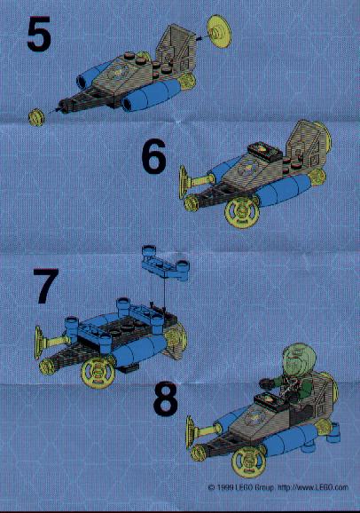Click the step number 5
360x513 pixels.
click(x=39, y=35)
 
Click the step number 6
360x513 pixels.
click(x=154, y=156)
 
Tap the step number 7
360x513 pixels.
click(x=46, y=286)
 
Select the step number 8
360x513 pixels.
click(x=166, y=399)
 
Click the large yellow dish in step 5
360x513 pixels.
click(x=219, y=31)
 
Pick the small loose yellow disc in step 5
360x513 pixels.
click(x=36, y=117)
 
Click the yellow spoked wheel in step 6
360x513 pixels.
click(x=241, y=212)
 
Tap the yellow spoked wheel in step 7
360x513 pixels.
click(x=98, y=372)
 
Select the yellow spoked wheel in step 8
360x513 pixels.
click(x=248, y=460)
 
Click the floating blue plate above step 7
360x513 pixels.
click(x=166, y=264)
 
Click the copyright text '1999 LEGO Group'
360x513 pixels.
click(x=242, y=487)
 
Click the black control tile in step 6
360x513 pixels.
click(x=265, y=152)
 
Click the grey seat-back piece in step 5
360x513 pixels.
click(x=173, y=49)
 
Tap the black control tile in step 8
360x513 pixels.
click(x=271, y=401)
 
